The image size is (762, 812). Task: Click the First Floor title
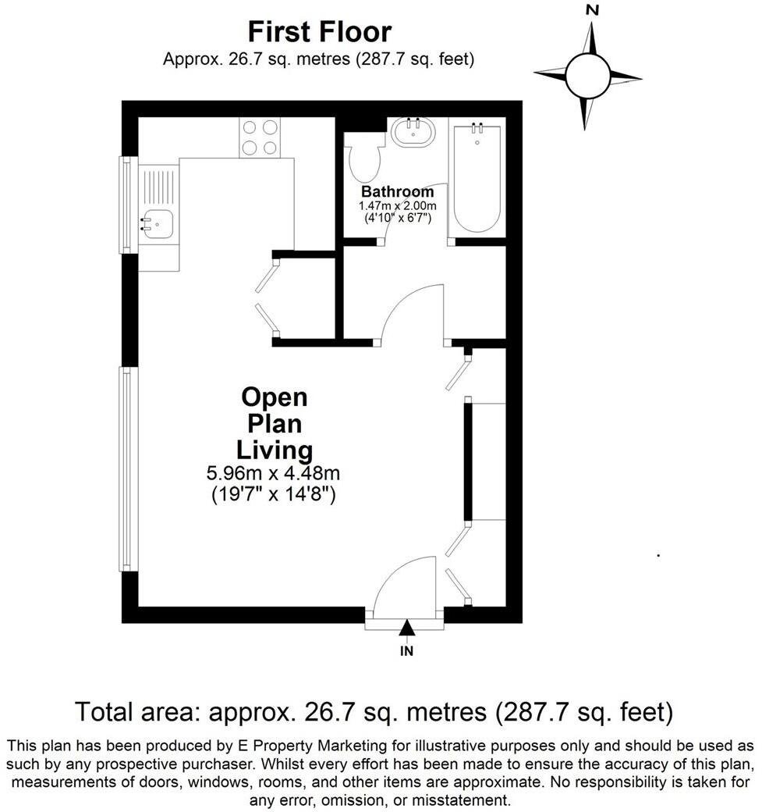coord(319,33)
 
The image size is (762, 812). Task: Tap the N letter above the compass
coord(592,10)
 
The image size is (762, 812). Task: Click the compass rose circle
coord(587,76)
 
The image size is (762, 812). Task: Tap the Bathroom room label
coord(397,192)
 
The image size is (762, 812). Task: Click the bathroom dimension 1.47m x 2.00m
coord(397,205)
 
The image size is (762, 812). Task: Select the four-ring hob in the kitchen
coord(260,137)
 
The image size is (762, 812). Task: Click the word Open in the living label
coord(275,397)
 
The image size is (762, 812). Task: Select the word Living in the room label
coord(275,451)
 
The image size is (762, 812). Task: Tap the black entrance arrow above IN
coord(406,628)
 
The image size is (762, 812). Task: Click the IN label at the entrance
coord(406,650)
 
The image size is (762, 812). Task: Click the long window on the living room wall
coord(129,468)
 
